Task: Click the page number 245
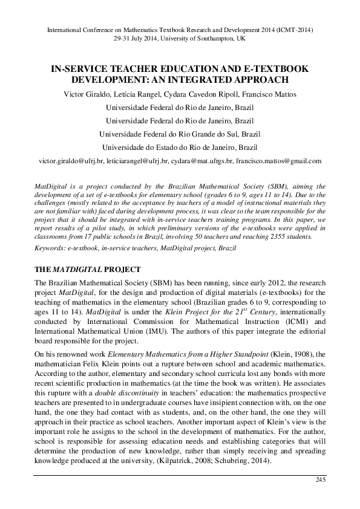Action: pyautogui.click(x=321, y=480)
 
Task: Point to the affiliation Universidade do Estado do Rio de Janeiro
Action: pyautogui.click(x=180, y=148)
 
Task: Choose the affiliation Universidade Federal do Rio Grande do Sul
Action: pyautogui.click(x=180, y=134)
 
